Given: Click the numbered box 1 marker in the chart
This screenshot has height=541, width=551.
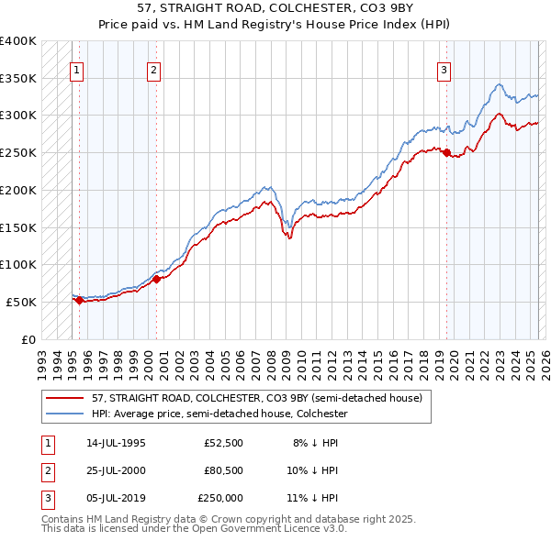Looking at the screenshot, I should (76, 70).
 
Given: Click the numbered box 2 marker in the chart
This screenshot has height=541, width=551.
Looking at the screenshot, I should (154, 70).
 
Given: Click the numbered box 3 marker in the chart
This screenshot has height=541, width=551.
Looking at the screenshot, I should (444, 70).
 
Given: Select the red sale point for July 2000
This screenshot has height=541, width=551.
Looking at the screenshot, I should (157, 279).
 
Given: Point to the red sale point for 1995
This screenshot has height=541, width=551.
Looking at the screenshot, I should (79, 300).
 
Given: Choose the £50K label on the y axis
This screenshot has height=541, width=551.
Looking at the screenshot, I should (21, 302).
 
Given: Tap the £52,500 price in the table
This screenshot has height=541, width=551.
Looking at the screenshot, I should (223, 442).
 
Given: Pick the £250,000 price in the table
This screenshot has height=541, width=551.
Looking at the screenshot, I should (219, 498).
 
